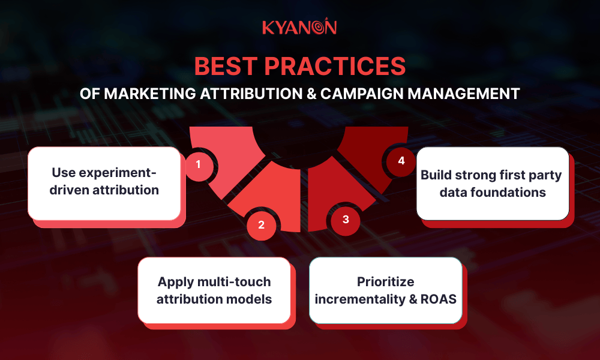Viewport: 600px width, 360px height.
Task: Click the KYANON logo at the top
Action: (299, 28)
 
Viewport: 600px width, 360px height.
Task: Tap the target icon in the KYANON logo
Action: (328, 27)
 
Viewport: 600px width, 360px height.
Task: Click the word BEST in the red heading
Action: (230, 67)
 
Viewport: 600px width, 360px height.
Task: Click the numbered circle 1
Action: (197, 163)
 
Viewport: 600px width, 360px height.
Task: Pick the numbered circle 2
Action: (261, 226)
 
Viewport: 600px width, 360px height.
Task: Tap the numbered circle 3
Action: (346, 220)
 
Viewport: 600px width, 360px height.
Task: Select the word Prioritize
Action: (386, 281)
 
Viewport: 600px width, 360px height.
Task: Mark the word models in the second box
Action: (251, 298)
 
